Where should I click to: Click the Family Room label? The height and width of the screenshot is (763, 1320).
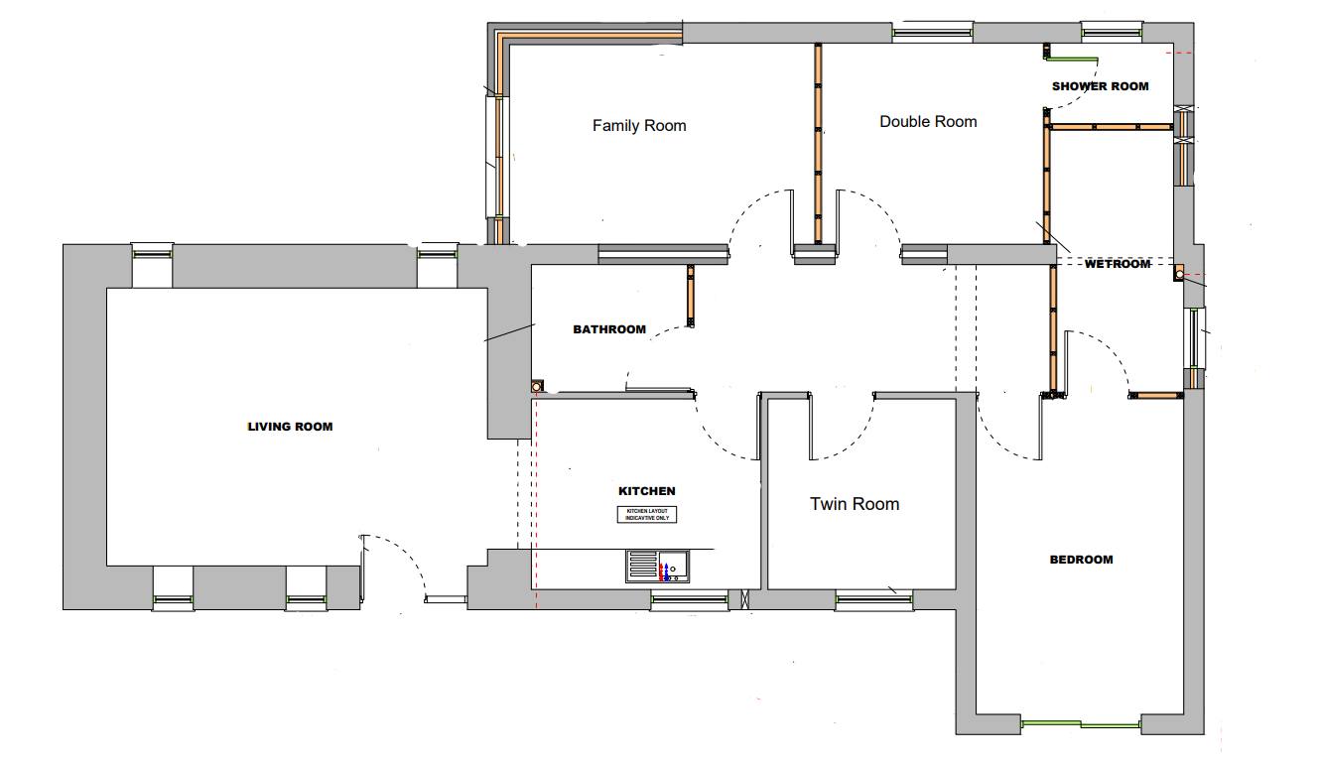pyautogui.click(x=639, y=125)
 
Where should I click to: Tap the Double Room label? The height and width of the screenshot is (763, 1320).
pyautogui.click(x=928, y=121)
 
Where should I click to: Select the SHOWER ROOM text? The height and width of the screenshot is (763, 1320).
pyautogui.click(x=1101, y=86)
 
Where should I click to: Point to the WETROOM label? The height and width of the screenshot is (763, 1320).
pyautogui.click(x=1118, y=264)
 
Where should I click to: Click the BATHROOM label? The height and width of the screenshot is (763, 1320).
pyautogui.click(x=609, y=329)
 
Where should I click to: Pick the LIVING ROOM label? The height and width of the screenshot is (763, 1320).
pyautogui.click(x=290, y=427)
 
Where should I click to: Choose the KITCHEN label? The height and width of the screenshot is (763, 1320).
pyautogui.click(x=646, y=491)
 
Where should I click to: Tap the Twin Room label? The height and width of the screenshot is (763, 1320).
pyautogui.click(x=855, y=504)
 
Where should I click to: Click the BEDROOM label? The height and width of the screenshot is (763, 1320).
pyautogui.click(x=1082, y=560)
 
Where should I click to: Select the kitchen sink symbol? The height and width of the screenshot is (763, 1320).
pyautogui.click(x=658, y=567)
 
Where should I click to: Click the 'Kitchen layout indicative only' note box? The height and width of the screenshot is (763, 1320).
pyautogui.click(x=647, y=514)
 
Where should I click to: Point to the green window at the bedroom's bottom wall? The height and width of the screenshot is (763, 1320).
pyautogui.click(x=1081, y=724)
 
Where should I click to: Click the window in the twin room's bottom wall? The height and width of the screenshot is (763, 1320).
pyautogui.click(x=874, y=600)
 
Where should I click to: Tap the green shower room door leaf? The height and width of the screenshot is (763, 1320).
pyautogui.click(x=1074, y=59)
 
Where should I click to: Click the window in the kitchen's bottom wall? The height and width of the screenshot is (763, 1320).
pyautogui.click(x=690, y=600)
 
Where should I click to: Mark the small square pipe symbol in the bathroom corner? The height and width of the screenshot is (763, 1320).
pyautogui.click(x=536, y=387)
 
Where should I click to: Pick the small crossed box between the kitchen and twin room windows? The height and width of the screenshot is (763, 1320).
pyautogui.click(x=744, y=599)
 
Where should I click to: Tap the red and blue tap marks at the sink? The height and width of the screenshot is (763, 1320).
pyautogui.click(x=664, y=572)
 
